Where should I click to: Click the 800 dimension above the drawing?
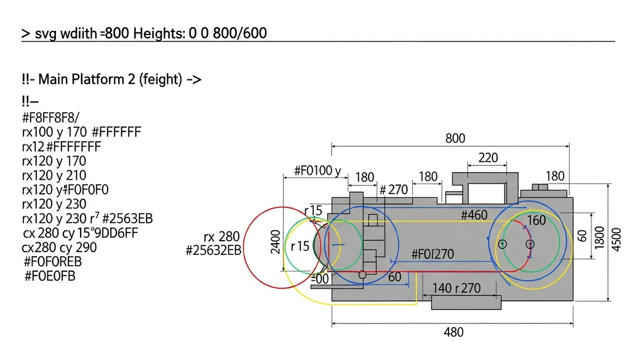455,139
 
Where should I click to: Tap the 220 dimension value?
488,158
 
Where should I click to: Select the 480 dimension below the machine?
453,332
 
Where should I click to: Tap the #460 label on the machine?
474,215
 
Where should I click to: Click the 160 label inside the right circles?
536,220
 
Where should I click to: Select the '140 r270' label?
456,289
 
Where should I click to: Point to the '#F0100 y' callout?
317,171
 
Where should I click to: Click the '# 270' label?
393,190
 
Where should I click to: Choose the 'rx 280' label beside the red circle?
221,237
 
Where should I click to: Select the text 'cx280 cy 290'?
59,247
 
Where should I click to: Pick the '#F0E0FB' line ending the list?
50,276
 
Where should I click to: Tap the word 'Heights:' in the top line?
158,34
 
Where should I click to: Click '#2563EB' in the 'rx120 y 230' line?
127,219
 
